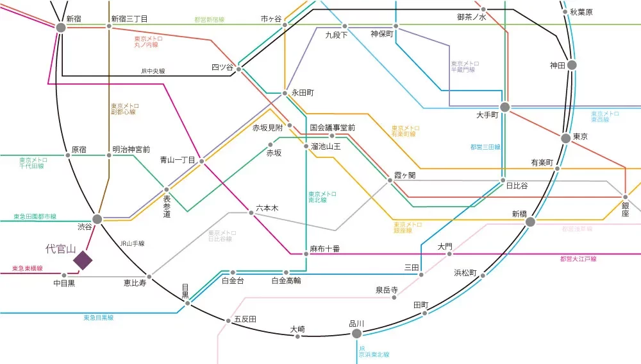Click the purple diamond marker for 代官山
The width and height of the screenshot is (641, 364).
[x=83, y=260]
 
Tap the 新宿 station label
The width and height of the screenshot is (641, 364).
[x=74, y=19]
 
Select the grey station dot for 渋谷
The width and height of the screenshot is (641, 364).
[x=97, y=220]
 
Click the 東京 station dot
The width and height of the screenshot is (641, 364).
[x=565, y=138]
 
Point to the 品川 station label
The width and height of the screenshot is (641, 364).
[x=356, y=323]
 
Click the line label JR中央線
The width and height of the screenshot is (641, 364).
[x=153, y=71]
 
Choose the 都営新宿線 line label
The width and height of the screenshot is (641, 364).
[x=210, y=20]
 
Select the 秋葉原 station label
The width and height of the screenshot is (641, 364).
[x=581, y=12]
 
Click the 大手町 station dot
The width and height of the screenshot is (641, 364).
[x=505, y=107]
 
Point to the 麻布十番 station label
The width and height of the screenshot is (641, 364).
[x=324, y=248]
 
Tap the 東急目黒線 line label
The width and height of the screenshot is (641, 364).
[x=98, y=318]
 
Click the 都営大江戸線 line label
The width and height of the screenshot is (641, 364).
[x=578, y=259]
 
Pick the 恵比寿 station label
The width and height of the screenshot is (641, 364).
[x=135, y=282]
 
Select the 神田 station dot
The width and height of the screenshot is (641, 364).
[x=572, y=65]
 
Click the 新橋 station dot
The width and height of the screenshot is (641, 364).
[x=530, y=222]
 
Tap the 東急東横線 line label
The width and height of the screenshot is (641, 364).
[x=28, y=268]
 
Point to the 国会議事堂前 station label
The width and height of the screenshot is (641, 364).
[x=332, y=128]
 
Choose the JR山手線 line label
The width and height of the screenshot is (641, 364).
[x=133, y=243]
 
